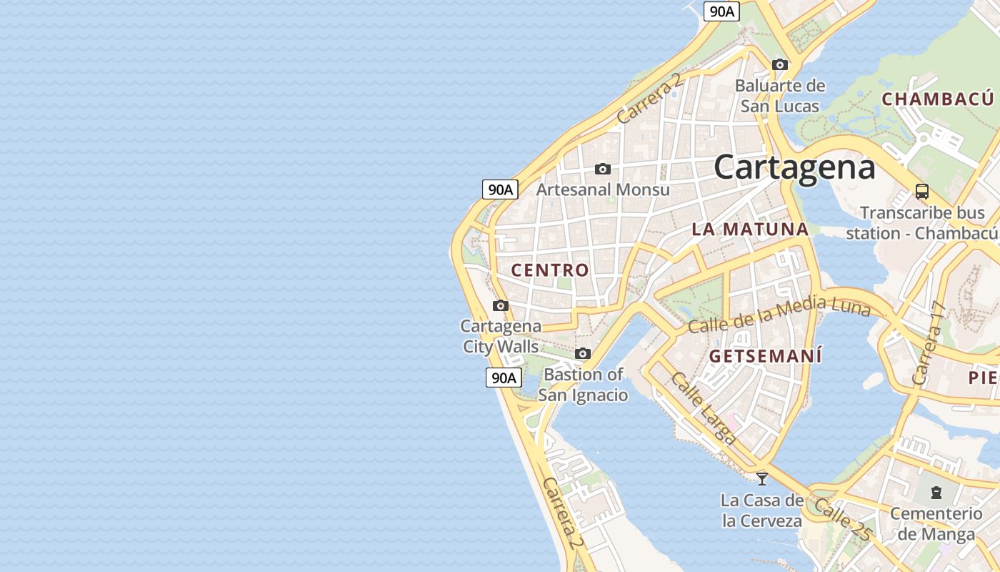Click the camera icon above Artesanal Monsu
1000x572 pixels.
[x=603, y=169]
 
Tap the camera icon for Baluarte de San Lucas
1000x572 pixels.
[x=780, y=65]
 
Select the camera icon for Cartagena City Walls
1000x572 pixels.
[x=501, y=306]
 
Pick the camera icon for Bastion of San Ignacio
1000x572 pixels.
[x=583, y=354]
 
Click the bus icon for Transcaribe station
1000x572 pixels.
[x=922, y=192]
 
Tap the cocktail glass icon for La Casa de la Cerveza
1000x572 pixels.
[x=762, y=478]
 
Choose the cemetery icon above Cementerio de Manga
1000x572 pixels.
[x=936, y=493]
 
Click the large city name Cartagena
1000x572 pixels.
[x=794, y=167]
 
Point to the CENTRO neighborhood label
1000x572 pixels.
[x=550, y=270]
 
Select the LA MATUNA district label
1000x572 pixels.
[x=750, y=230]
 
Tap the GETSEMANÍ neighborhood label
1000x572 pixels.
[x=765, y=356]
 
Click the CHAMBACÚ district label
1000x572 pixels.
[x=937, y=99]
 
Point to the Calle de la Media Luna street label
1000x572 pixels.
[x=779, y=314]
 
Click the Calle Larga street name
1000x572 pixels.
[x=703, y=408]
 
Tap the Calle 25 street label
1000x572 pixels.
[x=843, y=519]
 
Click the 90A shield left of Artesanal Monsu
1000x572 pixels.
[x=500, y=189]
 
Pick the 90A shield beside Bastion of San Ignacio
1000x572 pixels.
[x=504, y=378]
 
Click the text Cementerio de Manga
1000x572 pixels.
[x=936, y=523]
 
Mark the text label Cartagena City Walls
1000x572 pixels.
[x=501, y=336]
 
